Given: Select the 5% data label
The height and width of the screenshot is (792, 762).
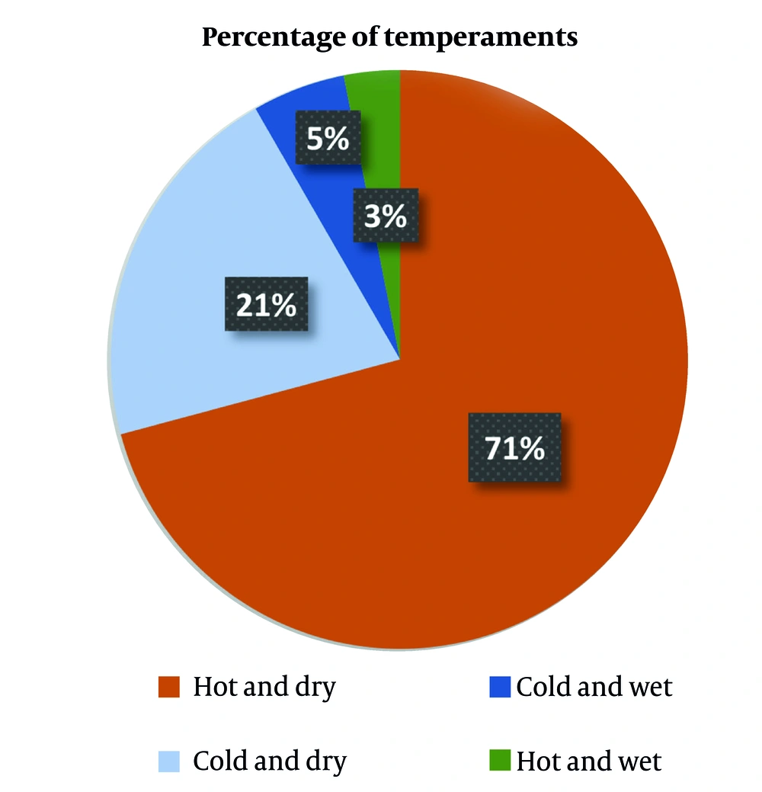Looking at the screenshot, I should (328, 139).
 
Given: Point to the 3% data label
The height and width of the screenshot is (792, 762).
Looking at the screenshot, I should (385, 216).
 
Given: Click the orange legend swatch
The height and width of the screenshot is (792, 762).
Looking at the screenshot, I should (168, 687).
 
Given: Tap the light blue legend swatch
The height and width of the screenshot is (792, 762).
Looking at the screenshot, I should (168, 761).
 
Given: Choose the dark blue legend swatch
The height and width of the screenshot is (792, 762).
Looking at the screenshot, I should (499, 687).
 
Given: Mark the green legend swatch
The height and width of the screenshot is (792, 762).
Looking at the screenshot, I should (499, 761).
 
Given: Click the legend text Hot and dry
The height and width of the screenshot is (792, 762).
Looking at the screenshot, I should (264, 687).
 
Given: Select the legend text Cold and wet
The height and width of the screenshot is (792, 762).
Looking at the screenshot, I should (594, 687).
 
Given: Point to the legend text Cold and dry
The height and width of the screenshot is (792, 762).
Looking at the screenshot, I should (270, 761).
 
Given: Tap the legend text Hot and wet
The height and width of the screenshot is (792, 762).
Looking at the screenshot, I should (589, 761).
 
